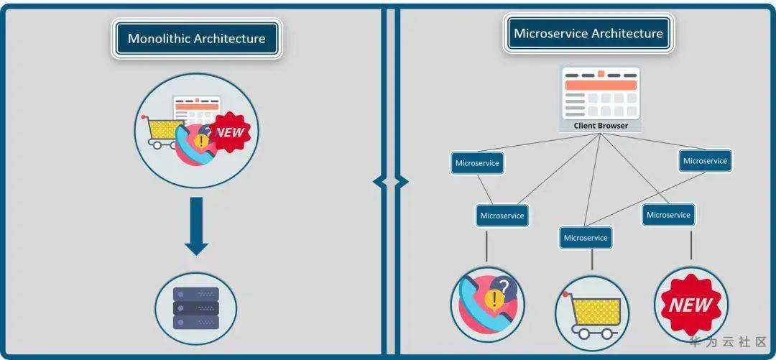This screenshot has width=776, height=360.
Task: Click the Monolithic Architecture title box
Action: click(x=196, y=39)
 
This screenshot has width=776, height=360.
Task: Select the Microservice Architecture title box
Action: click(x=588, y=34)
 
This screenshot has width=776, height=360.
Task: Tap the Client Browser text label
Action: click(x=601, y=126)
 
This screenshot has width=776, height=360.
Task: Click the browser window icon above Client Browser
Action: click(x=601, y=94)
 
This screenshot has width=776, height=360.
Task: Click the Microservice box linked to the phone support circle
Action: click(x=502, y=216)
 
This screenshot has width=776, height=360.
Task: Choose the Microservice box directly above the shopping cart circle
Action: click(x=586, y=238)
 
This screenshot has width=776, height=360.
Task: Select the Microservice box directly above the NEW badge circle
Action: click(x=668, y=215)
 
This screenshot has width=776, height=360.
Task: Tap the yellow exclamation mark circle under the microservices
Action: click(x=494, y=299)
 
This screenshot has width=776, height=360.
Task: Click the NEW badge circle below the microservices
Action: click(x=690, y=304)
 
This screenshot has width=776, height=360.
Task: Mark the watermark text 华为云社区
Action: click(x=729, y=342)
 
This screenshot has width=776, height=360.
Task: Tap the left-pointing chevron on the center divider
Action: click(x=379, y=182)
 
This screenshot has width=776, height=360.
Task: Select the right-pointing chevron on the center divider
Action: click(x=402, y=182)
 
